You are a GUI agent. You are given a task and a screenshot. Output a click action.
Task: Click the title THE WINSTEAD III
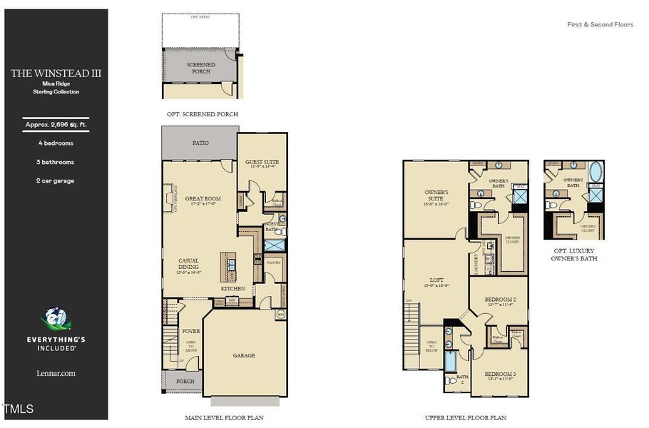[x=54, y=73]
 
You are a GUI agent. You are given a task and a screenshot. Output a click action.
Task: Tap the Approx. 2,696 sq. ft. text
[x=56, y=124]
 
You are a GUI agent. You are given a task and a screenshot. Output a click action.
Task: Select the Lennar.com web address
[x=56, y=373]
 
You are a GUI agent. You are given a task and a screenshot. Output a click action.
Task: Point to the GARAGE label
[x=244, y=355]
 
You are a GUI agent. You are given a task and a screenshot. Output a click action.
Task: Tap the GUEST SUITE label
[x=262, y=162]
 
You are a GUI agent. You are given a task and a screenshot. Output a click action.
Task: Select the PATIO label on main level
[x=200, y=143]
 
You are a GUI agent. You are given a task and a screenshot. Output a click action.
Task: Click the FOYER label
[x=190, y=331]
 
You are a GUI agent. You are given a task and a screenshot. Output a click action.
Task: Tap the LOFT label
[x=436, y=280]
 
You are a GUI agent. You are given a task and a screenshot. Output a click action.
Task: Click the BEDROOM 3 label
[x=499, y=374]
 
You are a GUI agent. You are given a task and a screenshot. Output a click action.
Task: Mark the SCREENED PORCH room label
[x=200, y=68]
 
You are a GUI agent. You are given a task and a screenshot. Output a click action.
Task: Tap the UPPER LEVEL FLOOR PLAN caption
[x=465, y=417]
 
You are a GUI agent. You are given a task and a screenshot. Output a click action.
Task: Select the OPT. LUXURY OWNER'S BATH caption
[x=575, y=255]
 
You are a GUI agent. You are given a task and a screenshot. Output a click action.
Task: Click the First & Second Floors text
[x=600, y=24]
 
